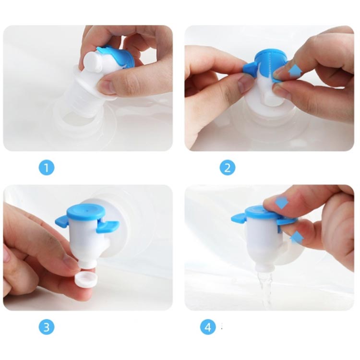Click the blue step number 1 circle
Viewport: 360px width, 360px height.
47,168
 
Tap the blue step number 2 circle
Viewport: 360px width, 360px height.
228,168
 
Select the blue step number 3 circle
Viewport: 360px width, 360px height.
47,326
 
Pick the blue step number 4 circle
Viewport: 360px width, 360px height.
208,326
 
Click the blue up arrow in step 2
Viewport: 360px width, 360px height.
295,70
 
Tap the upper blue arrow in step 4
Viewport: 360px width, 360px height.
281,203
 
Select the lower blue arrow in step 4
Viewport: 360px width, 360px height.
297,238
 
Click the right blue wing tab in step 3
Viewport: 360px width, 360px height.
108,226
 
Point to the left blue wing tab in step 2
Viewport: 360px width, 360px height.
251,68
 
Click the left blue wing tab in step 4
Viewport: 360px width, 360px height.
239,218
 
